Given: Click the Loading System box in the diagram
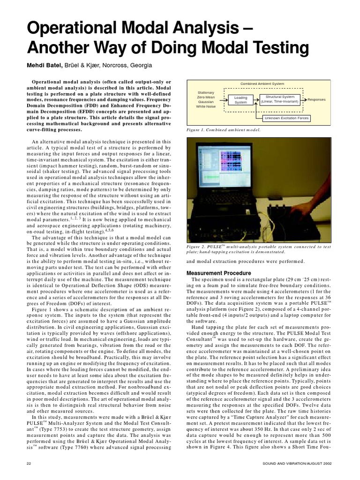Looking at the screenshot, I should click(240, 100).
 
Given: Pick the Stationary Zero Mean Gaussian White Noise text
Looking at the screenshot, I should click(206, 99).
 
